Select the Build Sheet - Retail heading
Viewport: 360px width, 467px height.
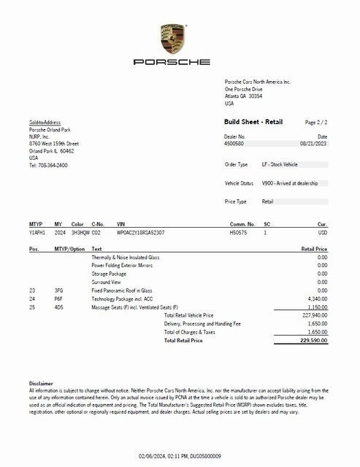(253, 122)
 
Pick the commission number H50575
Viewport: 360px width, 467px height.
(239, 232)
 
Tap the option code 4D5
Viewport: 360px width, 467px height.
(59, 307)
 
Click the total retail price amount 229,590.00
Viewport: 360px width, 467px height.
(313, 340)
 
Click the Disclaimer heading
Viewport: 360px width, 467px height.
(41, 383)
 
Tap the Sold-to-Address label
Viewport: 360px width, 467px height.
(45, 122)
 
